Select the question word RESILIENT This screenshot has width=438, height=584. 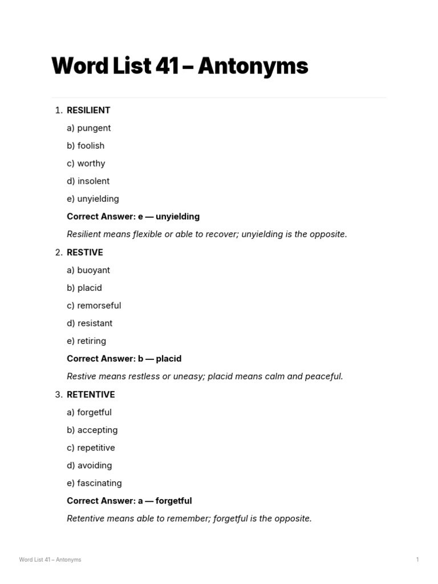coord(88,110)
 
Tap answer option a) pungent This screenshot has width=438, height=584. coord(89,128)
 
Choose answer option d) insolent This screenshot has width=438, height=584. coord(88,181)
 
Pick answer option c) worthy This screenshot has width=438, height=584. coord(86,163)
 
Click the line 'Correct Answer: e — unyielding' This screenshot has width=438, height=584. coord(133,216)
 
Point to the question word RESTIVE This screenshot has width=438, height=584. coord(85,252)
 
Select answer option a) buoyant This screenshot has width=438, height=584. coord(88,270)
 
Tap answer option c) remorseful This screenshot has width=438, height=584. coord(94,305)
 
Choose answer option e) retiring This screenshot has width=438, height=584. coord(87,340)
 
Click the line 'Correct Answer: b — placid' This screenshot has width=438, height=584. coord(124,358)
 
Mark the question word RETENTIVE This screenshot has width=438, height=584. coord(91,394)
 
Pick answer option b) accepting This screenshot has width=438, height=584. coord(92,429)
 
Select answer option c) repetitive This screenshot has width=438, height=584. coord(91,447)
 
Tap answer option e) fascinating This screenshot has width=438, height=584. coord(94,482)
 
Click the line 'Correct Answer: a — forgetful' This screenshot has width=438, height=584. coord(129,500)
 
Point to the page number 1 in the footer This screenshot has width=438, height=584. coord(417,559)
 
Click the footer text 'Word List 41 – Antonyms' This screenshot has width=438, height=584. coord(50,559)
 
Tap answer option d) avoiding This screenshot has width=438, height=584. coord(90,465)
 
